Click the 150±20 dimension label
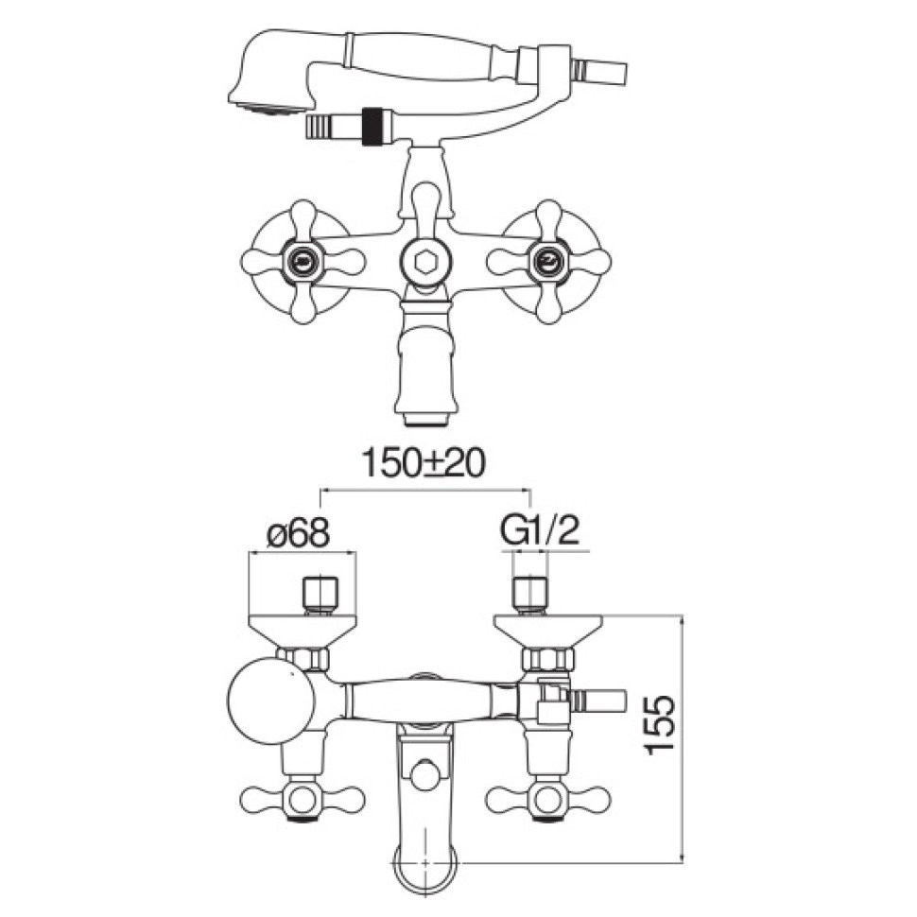(x=423, y=463)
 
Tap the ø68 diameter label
(x=298, y=533)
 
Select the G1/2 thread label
(x=539, y=531)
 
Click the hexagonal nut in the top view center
(x=425, y=262)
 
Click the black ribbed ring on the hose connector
(x=371, y=126)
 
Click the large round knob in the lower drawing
(x=270, y=701)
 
